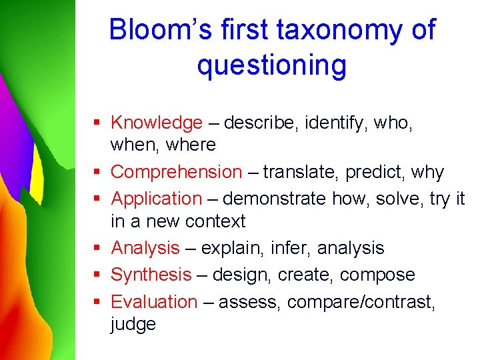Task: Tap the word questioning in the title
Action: point(271,65)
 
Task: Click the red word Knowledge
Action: point(156,123)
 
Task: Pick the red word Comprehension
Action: point(176,172)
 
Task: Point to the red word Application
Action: point(156,199)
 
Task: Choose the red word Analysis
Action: point(145,248)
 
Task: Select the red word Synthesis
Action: point(151,275)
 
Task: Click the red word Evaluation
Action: point(154,302)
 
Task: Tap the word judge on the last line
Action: point(133,325)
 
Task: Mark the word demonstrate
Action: point(275,199)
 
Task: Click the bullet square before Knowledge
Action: point(97,123)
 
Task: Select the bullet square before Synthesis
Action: point(97,275)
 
